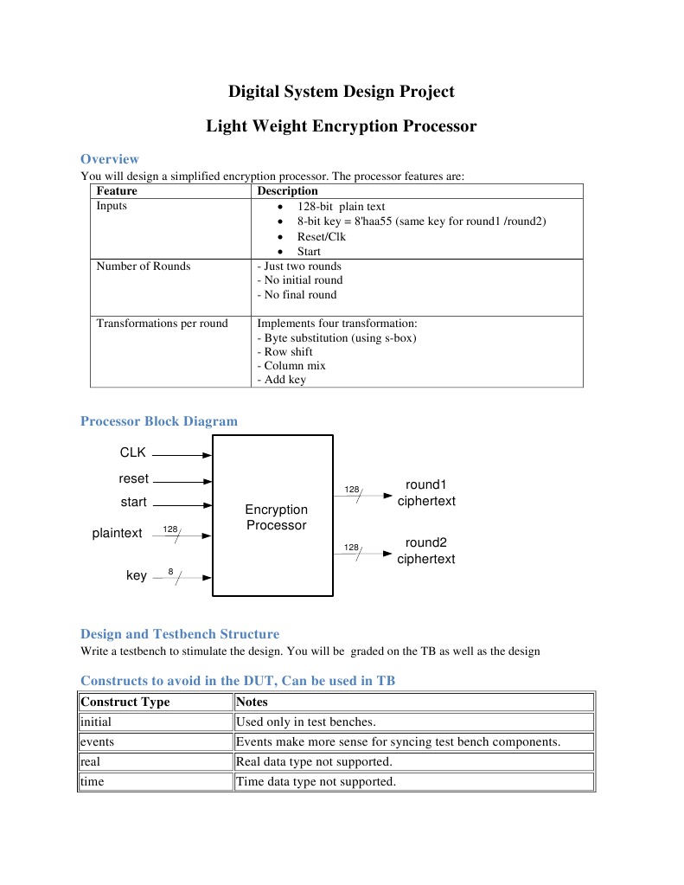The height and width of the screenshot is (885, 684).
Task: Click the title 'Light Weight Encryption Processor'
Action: click(341, 126)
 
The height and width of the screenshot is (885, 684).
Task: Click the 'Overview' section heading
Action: click(109, 159)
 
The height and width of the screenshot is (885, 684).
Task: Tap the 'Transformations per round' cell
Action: click(162, 324)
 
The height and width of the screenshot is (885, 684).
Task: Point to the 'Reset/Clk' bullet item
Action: click(321, 236)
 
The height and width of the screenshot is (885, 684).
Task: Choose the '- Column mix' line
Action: click(291, 365)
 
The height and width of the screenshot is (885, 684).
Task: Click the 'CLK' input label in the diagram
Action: click(133, 452)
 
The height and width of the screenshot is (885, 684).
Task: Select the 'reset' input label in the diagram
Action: click(133, 479)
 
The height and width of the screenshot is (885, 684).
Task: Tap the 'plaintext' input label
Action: click(117, 533)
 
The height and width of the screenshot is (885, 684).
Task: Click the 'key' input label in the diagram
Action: click(137, 576)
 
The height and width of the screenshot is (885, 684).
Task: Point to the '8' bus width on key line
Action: click(170, 572)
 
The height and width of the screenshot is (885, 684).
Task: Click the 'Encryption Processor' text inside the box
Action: click(276, 517)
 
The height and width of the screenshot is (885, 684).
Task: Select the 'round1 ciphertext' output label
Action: click(425, 493)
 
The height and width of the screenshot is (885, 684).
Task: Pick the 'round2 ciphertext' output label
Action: click(425, 551)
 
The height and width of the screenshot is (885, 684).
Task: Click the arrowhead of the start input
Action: click(207, 505)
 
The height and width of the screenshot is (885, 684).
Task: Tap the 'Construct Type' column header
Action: click(125, 702)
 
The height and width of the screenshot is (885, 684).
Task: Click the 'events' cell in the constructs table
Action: click(97, 741)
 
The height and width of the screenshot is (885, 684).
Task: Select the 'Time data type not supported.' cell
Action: click(316, 781)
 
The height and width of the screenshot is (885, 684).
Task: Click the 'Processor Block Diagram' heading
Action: click(158, 421)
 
